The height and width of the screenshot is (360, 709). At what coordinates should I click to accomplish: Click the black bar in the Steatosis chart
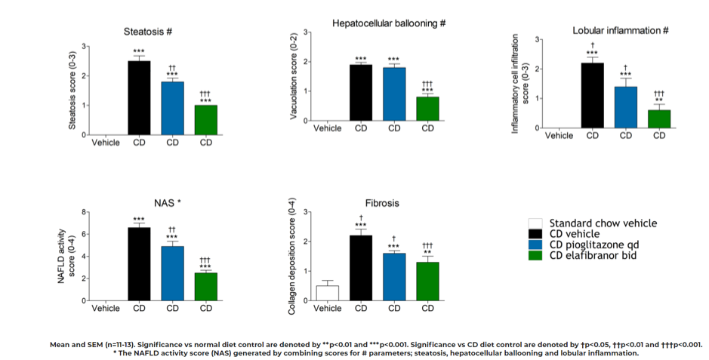point(139,97)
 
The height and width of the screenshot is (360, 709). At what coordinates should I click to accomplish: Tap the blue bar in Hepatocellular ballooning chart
point(393,94)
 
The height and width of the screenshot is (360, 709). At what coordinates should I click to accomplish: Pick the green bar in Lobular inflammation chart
point(659,118)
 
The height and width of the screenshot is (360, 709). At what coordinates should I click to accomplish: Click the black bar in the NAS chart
point(139,263)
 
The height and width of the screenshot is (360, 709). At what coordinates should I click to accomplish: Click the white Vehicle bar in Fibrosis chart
point(327,293)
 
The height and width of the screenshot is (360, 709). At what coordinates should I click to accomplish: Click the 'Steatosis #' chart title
point(150,32)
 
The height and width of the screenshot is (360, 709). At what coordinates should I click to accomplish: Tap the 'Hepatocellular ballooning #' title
point(389,23)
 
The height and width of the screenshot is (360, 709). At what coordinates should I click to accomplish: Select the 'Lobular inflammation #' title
point(621,30)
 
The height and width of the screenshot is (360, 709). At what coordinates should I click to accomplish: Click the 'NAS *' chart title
point(167,203)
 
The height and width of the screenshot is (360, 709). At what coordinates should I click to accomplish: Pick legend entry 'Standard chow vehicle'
point(603,223)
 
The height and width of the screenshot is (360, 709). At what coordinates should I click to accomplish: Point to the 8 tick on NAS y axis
point(84,213)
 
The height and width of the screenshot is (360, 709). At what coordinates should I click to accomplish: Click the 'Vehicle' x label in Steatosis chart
point(105,142)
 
